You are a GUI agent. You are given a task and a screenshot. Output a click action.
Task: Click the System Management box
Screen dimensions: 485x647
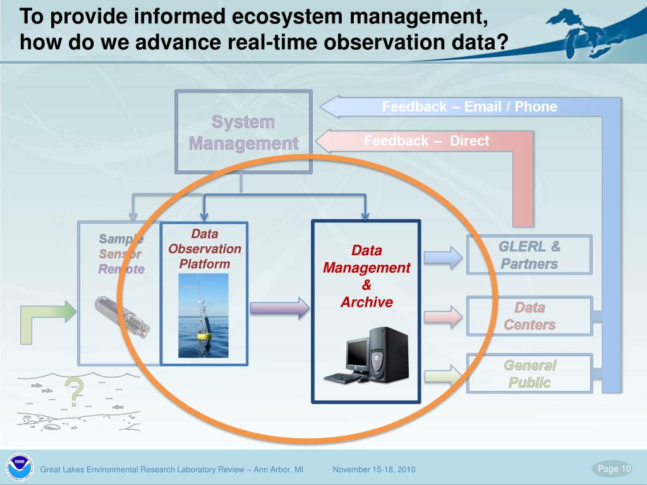[x=243, y=132]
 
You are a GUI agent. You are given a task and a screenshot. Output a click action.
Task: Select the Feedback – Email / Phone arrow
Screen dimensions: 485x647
[x=469, y=107]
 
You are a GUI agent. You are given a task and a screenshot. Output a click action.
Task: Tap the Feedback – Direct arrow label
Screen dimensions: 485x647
[x=426, y=141]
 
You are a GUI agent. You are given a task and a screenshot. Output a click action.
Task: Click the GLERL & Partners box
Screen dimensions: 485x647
[x=529, y=254]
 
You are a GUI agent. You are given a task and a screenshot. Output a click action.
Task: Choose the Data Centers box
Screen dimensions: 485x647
[x=529, y=316]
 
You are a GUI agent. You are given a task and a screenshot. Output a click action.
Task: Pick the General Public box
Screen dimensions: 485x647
[x=529, y=373]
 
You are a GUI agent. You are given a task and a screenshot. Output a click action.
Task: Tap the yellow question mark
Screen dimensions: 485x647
[x=75, y=392]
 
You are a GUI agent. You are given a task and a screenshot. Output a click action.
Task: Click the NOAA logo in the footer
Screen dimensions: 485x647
[x=18, y=467]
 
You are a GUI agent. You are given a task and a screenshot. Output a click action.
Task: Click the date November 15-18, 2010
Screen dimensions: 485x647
[x=374, y=469]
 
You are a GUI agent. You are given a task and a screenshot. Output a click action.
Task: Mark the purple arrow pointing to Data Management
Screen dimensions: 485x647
[x=280, y=308]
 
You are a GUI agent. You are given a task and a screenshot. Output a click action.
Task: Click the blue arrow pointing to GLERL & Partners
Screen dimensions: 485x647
[x=443, y=256]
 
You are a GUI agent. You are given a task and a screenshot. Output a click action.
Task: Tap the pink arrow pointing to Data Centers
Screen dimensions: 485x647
[x=443, y=316]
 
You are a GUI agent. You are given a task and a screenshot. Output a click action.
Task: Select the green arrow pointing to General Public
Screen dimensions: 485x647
[x=443, y=376]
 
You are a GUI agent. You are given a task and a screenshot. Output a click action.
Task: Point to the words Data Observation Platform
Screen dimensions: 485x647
[x=204, y=249]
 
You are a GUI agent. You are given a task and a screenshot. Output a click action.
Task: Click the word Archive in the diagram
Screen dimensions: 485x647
[x=366, y=302]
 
